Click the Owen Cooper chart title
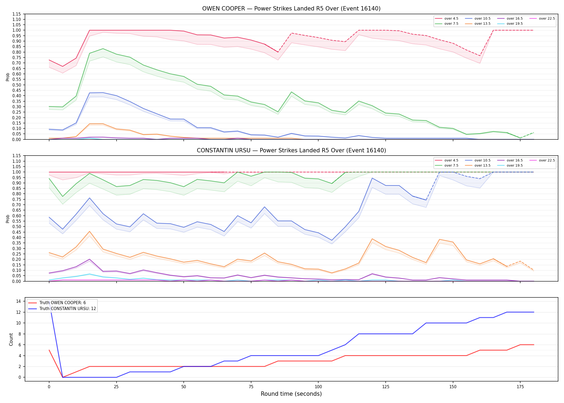pyautogui.click(x=291, y=9)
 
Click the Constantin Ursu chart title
pyautogui.click(x=291, y=150)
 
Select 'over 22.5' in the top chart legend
pyautogui.click(x=547, y=19)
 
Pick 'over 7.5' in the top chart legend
pyautogui.click(x=451, y=24)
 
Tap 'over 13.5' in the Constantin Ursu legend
pyautogui.click(x=482, y=165)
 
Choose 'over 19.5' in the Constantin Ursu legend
pyautogui.click(x=515, y=165)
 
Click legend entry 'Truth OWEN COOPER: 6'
pyautogui.click(x=63, y=303)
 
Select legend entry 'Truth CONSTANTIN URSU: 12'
pyautogui.click(x=68, y=309)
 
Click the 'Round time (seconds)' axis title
pyautogui.click(x=291, y=394)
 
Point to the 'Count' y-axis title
pyautogui.click(x=11, y=339)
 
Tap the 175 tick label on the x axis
pyautogui.click(x=520, y=387)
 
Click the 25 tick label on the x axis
pyautogui.click(x=116, y=387)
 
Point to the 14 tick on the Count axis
pyautogui.click(x=19, y=301)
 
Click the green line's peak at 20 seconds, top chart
pyautogui.click(x=103, y=49)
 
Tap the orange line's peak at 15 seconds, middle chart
pyautogui.click(x=89, y=231)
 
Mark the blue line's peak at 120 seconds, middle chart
pyautogui.click(x=372, y=178)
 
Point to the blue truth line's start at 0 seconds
pyautogui.click(x=49, y=301)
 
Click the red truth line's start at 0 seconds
pyautogui.click(x=49, y=350)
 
